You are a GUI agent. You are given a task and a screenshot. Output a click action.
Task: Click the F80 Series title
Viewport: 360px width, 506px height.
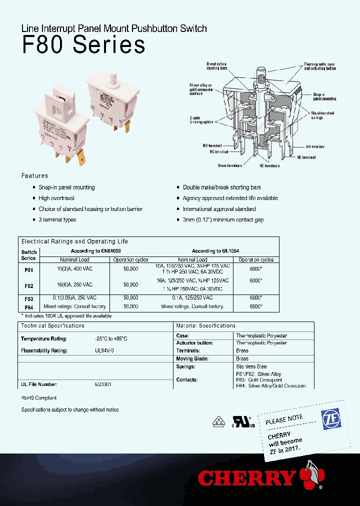pyautogui.click(x=84, y=45)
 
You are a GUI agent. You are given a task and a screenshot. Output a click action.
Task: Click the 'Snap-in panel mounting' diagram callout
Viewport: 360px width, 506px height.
pyautogui.click(x=324, y=96)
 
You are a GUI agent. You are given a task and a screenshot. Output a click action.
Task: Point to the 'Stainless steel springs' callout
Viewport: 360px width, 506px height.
pyautogui.click(x=322, y=115)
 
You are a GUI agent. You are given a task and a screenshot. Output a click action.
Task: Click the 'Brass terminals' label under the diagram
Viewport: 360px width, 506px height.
pyautogui.click(x=229, y=165)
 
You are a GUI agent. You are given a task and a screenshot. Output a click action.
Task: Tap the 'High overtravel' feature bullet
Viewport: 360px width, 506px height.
pyautogui.click(x=56, y=198)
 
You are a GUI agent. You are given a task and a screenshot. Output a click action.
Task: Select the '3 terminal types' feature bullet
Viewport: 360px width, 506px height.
pyautogui.click(x=57, y=220)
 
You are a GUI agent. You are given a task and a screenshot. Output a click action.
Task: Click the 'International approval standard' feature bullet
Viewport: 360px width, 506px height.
pyautogui.click(x=219, y=209)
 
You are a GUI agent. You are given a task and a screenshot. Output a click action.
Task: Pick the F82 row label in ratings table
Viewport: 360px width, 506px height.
pyautogui.click(x=28, y=286)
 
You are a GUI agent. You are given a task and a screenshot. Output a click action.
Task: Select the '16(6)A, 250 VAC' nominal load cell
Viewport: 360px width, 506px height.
pyautogui.click(x=75, y=284)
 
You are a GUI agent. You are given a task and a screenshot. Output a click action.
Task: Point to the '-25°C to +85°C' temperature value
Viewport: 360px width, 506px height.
pyautogui.click(x=111, y=339)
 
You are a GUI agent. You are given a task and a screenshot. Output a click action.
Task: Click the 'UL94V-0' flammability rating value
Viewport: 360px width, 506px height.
pyautogui.click(x=104, y=351)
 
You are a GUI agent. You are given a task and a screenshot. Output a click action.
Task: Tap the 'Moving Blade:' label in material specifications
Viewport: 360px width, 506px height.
pyautogui.click(x=192, y=359)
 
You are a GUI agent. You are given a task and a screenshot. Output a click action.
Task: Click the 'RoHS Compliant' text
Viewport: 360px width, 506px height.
pyautogui.click(x=38, y=398)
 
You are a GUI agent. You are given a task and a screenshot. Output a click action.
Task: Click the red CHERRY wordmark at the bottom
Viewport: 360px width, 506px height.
pyautogui.click(x=247, y=478)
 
